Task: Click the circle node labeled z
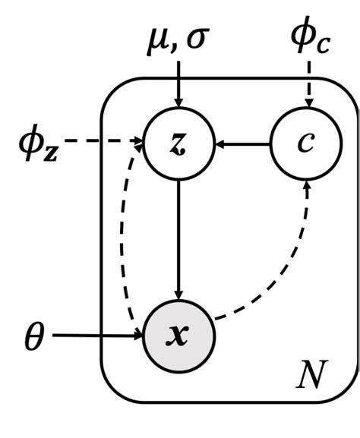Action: pyautogui.click(x=179, y=143)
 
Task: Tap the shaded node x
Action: pyautogui.click(x=179, y=335)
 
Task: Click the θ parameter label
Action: pyautogui.click(x=35, y=336)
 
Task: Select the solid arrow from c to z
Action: pyautogui.click(x=243, y=143)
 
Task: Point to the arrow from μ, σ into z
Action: pyautogui.click(x=179, y=84)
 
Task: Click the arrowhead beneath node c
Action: pyautogui.click(x=307, y=184)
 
